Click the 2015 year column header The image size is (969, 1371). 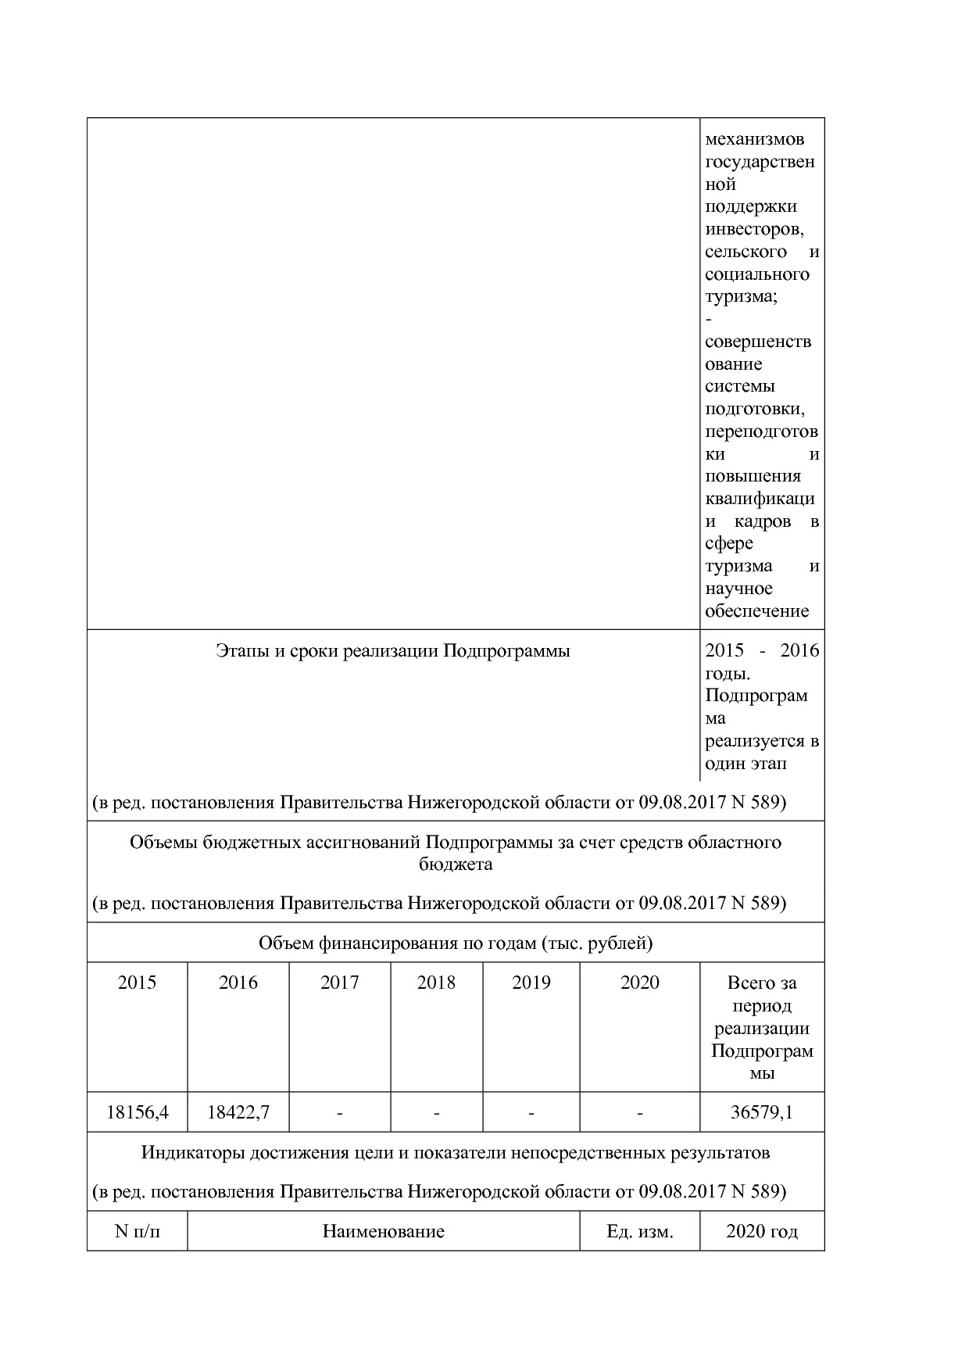137,983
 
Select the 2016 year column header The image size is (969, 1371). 238,983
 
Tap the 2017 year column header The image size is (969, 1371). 339,983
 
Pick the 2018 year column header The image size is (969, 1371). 436,983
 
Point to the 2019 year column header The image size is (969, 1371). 531,983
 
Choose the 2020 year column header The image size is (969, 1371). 639,983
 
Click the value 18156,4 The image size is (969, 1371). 137,1112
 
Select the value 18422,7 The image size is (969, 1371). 238,1112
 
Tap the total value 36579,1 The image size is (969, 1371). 761,1112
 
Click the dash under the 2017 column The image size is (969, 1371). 339,1112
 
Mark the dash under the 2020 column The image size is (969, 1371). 639,1112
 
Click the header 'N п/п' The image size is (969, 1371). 137,1232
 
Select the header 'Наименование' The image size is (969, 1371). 383,1232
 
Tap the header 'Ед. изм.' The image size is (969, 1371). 639,1232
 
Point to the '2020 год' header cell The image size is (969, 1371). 761,1232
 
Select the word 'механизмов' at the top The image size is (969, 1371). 754,140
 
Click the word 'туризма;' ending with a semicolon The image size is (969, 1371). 741,297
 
